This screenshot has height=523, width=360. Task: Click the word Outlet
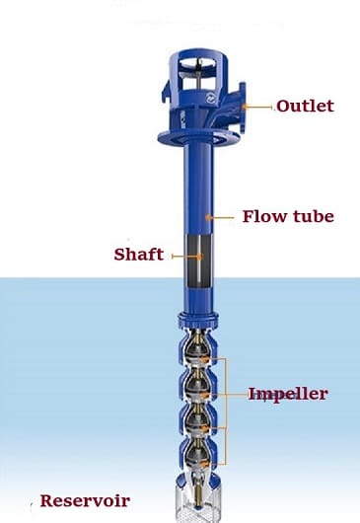[x=305, y=106]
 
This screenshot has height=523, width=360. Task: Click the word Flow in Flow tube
[x=258, y=215]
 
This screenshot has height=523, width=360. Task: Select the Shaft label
[x=138, y=255]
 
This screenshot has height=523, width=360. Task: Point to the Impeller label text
[x=287, y=394]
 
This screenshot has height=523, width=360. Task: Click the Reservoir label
[x=85, y=500]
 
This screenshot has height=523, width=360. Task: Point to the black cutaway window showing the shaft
[x=201, y=262]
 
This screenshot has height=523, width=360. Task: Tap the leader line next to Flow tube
[x=223, y=215]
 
